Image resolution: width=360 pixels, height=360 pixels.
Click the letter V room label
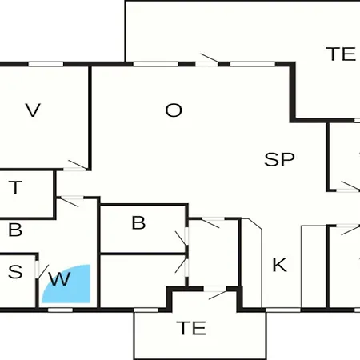[x=33, y=110]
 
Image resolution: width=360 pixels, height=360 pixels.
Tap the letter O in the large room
[x=174, y=110]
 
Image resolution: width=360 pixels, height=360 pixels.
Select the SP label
[x=279, y=159]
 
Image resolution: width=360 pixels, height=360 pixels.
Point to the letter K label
[x=280, y=265]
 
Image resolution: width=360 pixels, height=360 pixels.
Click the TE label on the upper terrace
[x=341, y=54]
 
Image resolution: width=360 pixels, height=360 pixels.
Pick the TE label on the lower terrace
[x=191, y=328]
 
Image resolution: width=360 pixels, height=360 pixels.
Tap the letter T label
[x=15, y=187]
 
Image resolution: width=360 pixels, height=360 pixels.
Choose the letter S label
[x=15, y=272]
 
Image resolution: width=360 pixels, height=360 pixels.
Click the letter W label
[x=59, y=279]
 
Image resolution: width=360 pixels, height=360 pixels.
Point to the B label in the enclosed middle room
[x=138, y=222]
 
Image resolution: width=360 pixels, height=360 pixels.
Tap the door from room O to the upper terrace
[x=207, y=60]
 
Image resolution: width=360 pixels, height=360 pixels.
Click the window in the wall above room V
[x=46, y=64]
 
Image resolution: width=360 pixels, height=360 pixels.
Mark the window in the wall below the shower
[x=60, y=310]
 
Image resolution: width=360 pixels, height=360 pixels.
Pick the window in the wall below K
[x=283, y=310]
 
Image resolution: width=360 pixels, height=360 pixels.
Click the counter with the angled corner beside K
[x=252, y=262]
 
